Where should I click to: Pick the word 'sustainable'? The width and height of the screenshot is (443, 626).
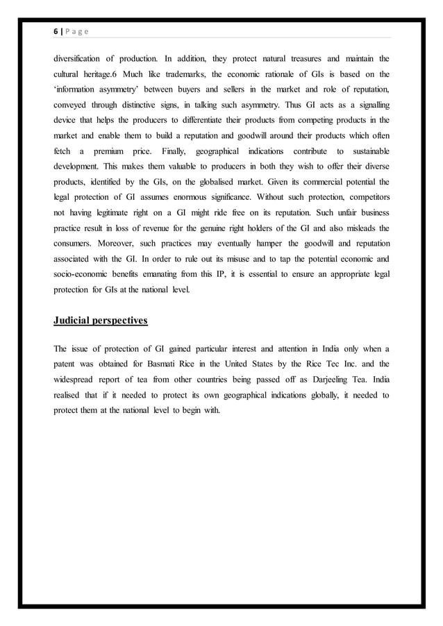point(365,150)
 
